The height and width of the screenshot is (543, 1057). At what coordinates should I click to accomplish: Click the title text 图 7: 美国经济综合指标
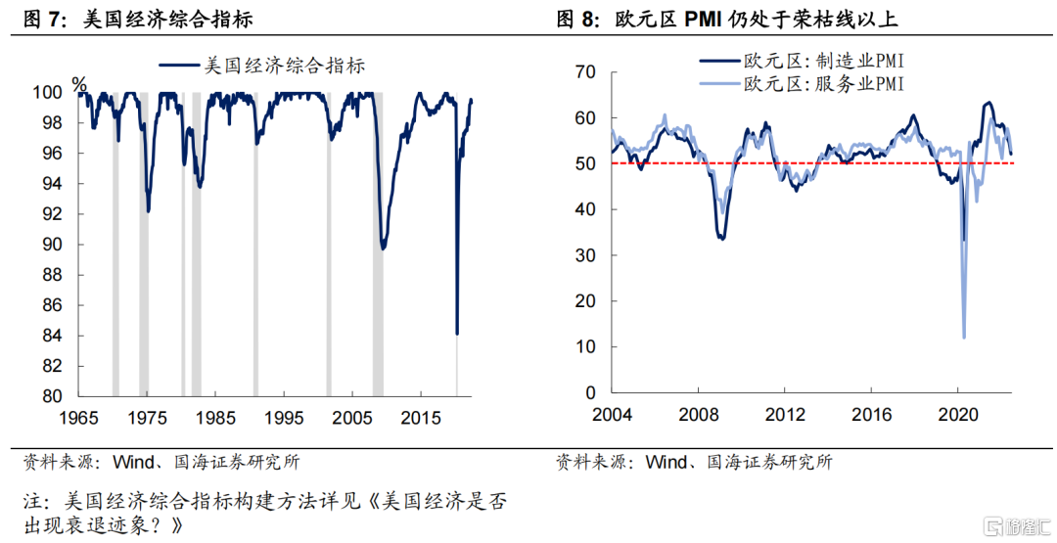[x=138, y=19]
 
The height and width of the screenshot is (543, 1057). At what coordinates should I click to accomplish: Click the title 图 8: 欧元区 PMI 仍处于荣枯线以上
[x=727, y=19]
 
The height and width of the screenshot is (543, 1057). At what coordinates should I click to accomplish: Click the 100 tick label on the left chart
[x=49, y=92]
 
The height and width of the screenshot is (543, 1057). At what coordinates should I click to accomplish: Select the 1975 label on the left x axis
[x=147, y=418]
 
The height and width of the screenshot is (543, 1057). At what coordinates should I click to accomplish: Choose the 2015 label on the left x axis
[x=421, y=418]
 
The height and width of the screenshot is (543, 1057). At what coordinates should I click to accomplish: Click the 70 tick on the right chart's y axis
[x=586, y=72]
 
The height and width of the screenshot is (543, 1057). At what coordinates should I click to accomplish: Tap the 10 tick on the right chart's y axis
[x=586, y=346]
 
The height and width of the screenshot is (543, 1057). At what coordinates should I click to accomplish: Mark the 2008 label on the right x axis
[x=699, y=414]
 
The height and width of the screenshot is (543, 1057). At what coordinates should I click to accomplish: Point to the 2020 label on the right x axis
[x=958, y=414]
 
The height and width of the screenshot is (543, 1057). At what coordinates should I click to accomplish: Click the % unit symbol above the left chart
[x=79, y=84]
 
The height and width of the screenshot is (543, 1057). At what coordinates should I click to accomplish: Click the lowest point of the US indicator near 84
[x=457, y=334]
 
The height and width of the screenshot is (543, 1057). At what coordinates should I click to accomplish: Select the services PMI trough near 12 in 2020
[x=964, y=338]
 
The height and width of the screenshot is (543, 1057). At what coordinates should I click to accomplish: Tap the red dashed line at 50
[x=812, y=163]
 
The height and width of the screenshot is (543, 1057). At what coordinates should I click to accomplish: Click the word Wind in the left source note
[x=133, y=462]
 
